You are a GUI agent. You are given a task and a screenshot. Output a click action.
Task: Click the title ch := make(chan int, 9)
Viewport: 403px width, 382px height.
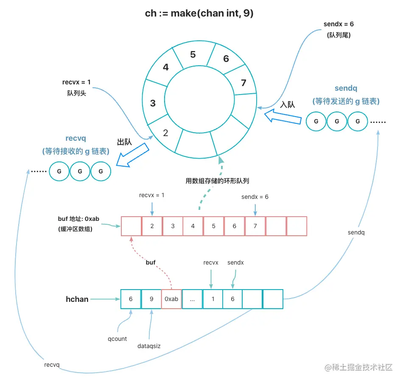coord(199,13)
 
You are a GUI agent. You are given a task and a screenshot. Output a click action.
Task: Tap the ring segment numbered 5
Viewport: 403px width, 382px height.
coord(193,55)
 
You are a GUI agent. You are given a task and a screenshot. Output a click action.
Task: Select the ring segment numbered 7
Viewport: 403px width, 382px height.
coord(243,83)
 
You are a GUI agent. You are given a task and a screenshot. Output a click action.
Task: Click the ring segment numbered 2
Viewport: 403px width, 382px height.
coord(165,133)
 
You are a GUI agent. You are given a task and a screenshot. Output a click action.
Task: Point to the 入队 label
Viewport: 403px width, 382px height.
coord(287,104)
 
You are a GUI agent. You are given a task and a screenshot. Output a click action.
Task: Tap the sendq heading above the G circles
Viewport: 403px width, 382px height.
coord(346,89)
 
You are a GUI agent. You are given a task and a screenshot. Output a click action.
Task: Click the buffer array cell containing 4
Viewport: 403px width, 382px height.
coord(193,226)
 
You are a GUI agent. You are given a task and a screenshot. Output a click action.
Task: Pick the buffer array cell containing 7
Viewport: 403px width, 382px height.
coord(255,226)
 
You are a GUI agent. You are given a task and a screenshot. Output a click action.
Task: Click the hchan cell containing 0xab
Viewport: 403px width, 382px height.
coord(172,299)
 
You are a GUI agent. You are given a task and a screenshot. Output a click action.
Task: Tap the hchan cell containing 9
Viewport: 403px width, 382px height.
coord(151,299)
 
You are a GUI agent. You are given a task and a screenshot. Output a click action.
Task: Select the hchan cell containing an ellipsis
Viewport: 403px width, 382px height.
coord(193,299)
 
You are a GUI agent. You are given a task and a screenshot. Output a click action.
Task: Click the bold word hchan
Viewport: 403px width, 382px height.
coord(77,299)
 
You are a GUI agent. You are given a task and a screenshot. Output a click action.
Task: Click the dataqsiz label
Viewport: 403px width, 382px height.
coord(149,346)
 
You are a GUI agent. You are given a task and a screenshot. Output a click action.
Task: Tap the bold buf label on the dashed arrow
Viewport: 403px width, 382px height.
coord(151,262)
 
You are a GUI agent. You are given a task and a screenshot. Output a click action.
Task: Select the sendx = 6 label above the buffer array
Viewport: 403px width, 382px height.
coord(255,197)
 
